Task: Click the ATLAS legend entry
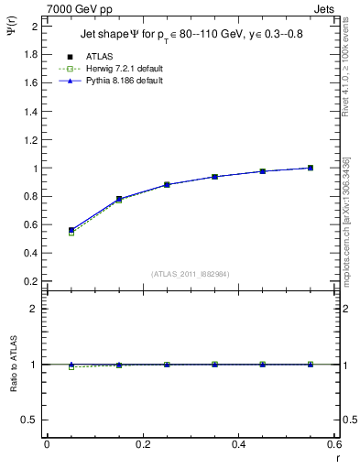point(101,57)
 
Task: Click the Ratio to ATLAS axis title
point(14,363)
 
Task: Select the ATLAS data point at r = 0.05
point(71,230)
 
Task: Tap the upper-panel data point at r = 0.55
point(311,168)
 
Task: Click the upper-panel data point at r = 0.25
point(167,184)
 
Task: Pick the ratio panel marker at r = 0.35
point(214,365)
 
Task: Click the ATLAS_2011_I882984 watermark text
point(190,273)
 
